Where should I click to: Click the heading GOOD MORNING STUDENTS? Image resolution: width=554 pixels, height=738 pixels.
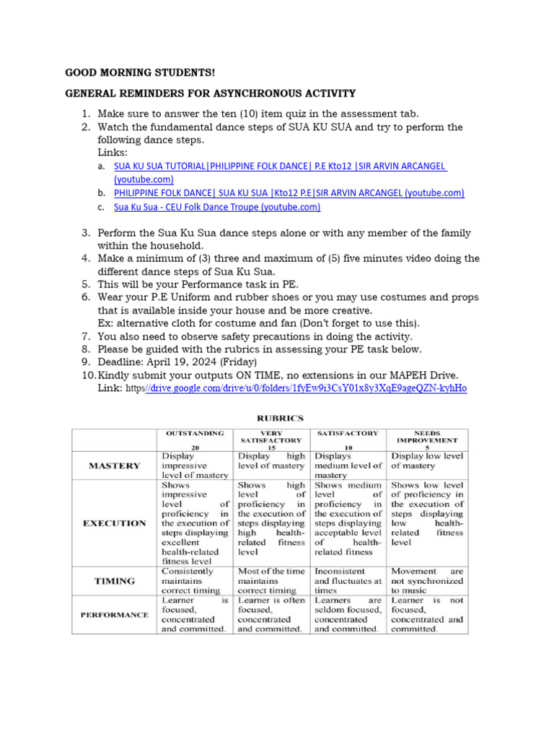tap(140, 73)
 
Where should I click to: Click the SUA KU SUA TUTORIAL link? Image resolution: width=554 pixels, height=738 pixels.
tap(280, 166)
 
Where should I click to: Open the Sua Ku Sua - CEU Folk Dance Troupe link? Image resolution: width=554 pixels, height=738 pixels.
tap(217, 207)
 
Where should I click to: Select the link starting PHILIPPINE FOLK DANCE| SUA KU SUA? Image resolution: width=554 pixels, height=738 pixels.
tap(289, 193)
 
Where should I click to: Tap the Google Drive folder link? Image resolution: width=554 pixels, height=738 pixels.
tap(307, 388)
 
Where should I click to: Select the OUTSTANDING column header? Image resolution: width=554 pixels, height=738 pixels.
tap(195, 434)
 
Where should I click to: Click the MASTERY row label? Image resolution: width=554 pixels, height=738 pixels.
tap(114, 466)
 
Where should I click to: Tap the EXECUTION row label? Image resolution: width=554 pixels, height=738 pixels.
tap(114, 523)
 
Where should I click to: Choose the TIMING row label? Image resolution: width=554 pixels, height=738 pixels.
tap(114, 580)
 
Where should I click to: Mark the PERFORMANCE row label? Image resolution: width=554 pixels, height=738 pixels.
tap(114, 615)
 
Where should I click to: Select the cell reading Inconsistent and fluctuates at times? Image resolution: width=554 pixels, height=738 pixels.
tap(348, 580)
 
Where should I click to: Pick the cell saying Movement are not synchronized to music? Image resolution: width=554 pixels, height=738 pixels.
tap(427, 580)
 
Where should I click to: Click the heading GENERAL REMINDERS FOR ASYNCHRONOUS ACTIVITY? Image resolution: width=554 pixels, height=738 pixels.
tap(211, 93)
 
